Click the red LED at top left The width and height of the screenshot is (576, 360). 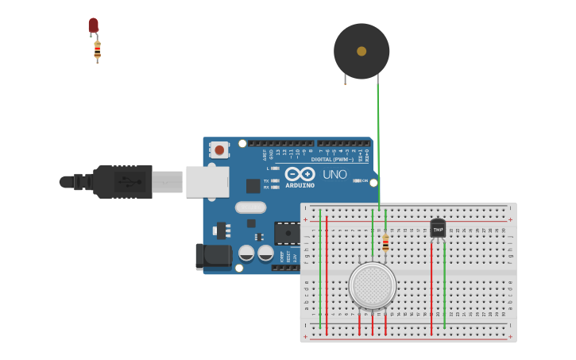click(93, 25)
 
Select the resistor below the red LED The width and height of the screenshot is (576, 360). click(97, 50)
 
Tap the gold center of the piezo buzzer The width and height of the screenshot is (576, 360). click(361, 51)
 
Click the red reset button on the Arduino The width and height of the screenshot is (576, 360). click(219, 149)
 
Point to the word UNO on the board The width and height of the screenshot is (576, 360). click(334, 174)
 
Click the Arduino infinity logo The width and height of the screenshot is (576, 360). click(300, 173)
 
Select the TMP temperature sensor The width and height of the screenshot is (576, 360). click(438, 228)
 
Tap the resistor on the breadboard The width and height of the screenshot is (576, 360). click(385, 243)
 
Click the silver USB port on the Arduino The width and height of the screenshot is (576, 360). click(207, 182)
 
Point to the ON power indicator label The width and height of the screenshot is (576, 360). click(365, 180)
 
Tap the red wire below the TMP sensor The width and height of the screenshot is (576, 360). click(431, 286)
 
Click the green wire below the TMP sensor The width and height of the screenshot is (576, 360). click(444, 286)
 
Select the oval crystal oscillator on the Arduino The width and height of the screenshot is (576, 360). click(250, 207)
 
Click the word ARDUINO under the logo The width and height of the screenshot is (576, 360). click(300, 185)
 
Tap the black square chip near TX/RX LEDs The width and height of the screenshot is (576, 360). click(253, 186)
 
